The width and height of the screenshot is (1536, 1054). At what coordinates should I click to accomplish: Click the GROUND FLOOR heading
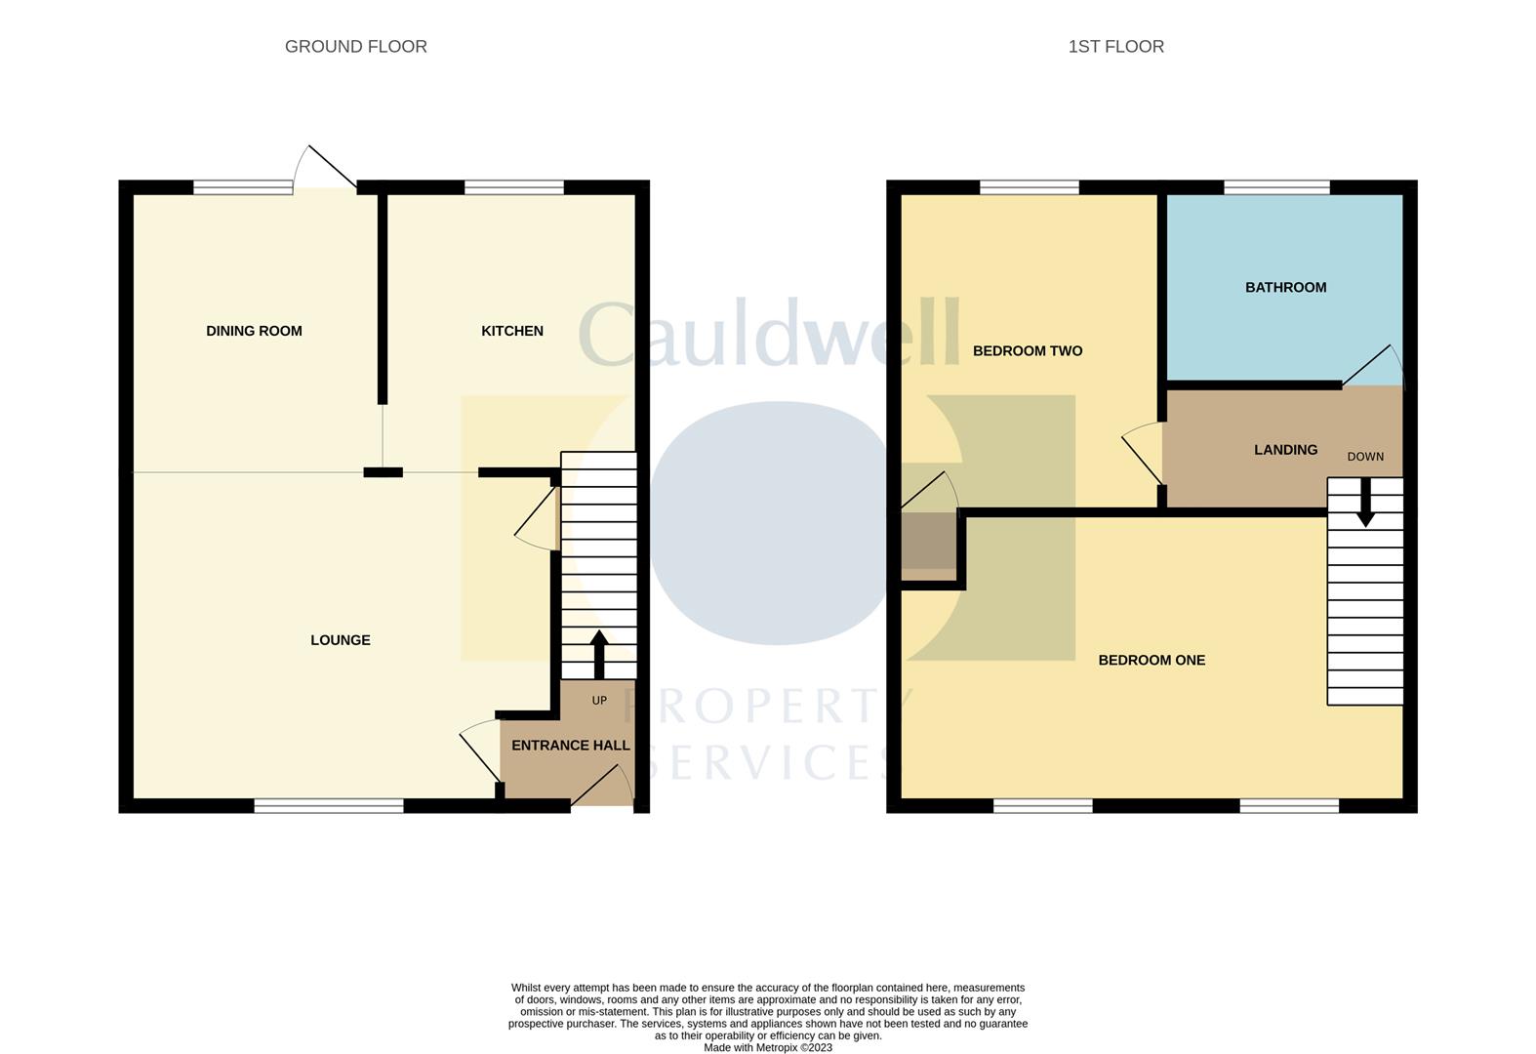pyautogui.click(x=355, y=46)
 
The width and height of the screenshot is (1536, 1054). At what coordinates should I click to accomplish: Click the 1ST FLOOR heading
pyautogui.click(x=1115, y=46)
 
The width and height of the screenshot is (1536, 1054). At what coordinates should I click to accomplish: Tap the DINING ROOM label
pyautogui.click(x=254, y=331)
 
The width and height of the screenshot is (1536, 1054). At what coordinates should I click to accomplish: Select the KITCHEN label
pyautogui.click(x=511, y=331)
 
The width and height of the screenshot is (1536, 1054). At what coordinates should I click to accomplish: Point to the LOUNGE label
pyautogui.click(x=340, y=640)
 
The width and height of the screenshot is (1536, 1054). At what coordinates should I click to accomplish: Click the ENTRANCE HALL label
pyautogui.click(x=570, y=745)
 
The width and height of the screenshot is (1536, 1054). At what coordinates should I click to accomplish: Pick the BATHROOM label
pyautogui.click(x=1285, y=287)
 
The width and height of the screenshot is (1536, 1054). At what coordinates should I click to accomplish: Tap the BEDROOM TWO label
pyautogui.click(x=1027, y=350)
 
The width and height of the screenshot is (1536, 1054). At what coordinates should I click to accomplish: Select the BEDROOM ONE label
pyautogui.click(x=1152, y=660)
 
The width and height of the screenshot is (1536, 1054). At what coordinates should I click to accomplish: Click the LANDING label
pyautogui.click(x=1285, y=450)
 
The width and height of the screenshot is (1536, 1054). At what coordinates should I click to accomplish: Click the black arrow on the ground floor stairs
pyautogui.click(x=599, y=653)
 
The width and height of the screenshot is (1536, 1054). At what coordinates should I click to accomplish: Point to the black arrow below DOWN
pyautogui.click(x=1365, y=502)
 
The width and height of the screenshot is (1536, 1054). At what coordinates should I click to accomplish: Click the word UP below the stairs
pyautogui.click(x=599, y=701)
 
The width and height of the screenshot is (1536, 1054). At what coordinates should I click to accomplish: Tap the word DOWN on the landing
pyautogui.click(x=1365, y=457)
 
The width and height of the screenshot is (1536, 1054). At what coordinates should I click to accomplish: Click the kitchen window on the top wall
pyautogui.click(x=514, y=187)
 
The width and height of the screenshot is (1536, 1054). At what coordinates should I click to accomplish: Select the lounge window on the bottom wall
pyautogui.click(x=329, y=805)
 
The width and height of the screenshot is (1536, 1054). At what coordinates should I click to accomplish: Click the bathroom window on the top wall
pyautogui.click(x=1276, y=187)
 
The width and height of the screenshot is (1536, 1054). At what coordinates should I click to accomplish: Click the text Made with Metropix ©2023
pyautogui.click(x=768, y=1047)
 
